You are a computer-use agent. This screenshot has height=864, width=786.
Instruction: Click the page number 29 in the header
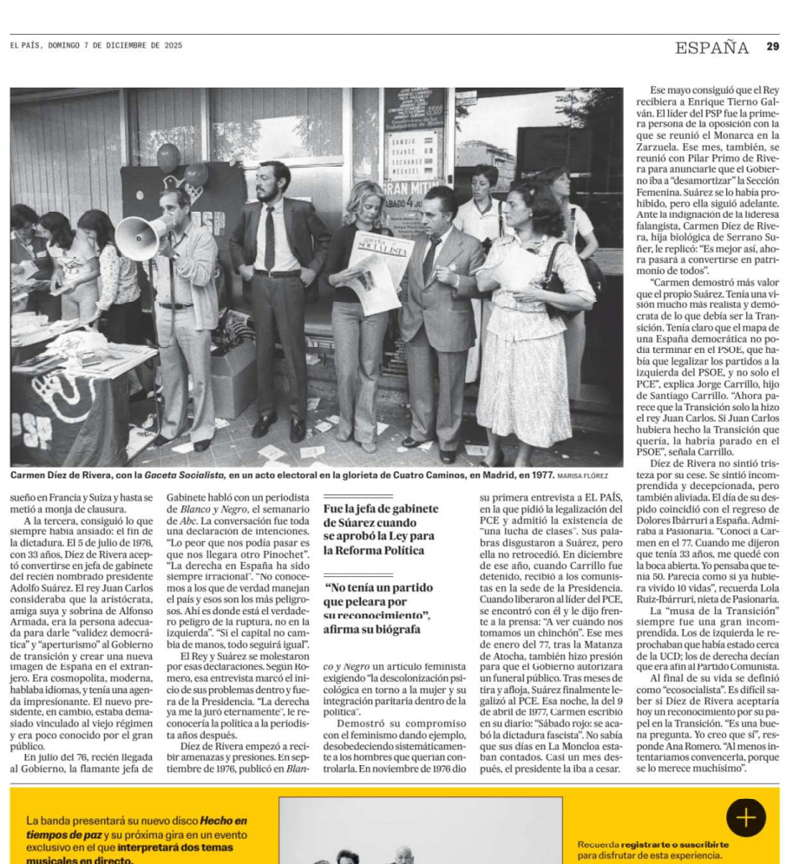click(772, 47)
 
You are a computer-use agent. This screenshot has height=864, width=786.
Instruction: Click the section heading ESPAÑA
click(711, 48)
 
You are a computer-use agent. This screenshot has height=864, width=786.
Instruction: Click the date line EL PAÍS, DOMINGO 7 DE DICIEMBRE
click(96, 45)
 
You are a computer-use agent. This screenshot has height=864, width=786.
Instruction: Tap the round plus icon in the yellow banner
click(745, 817)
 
